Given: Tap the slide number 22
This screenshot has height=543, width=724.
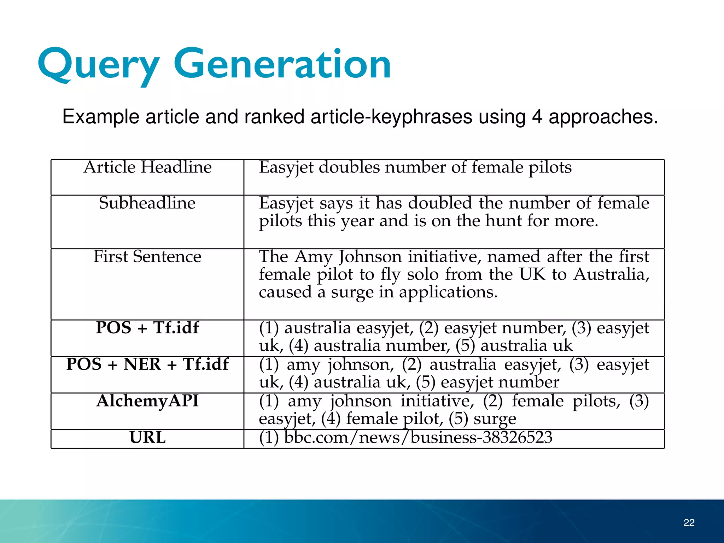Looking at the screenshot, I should click(689, 522).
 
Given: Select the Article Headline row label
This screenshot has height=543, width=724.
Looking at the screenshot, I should click(147, 167).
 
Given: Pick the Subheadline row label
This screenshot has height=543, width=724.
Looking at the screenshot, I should click(147, 203).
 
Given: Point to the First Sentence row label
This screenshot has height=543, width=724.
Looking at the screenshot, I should click(147, 257).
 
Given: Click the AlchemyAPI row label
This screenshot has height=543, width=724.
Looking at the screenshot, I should click(147, 401).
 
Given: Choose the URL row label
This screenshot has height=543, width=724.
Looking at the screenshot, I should click(147, 438).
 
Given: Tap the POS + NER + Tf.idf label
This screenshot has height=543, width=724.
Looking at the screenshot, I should click(147, 364).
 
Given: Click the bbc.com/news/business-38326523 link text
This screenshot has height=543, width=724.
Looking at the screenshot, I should click(418, 438).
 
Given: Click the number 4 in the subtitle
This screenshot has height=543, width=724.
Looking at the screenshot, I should click(537, 117).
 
